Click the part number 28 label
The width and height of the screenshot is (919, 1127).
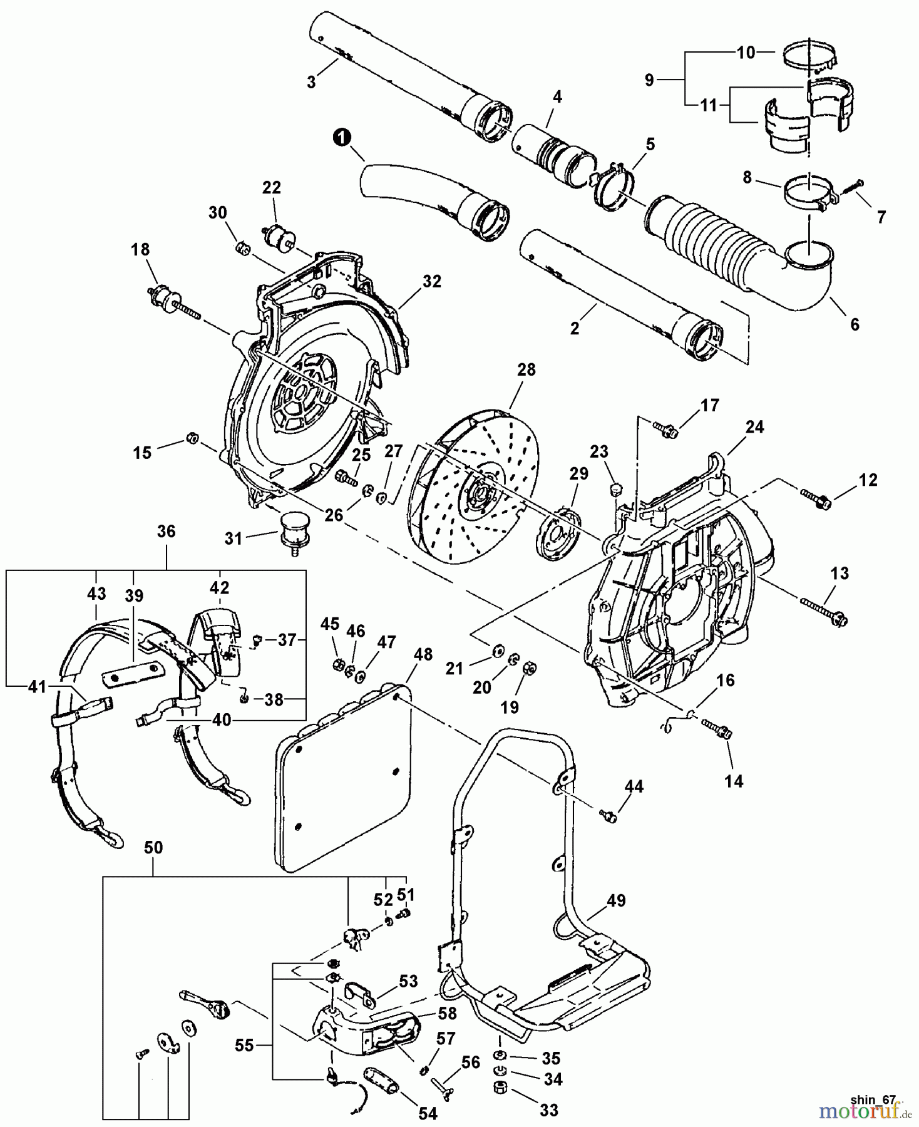[x=526, y=369]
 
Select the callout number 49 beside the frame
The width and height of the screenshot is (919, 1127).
[x=615, y=900]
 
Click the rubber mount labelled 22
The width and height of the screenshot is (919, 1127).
[x=280, y=240]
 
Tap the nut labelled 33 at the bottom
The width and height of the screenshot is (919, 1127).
[x=501, y=1102]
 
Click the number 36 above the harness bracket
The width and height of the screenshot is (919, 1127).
[x=166, y=532]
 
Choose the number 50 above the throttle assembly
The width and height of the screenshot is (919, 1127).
[x=153, y=847]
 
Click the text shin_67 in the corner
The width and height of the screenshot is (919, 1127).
[x=873, y=1099]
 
